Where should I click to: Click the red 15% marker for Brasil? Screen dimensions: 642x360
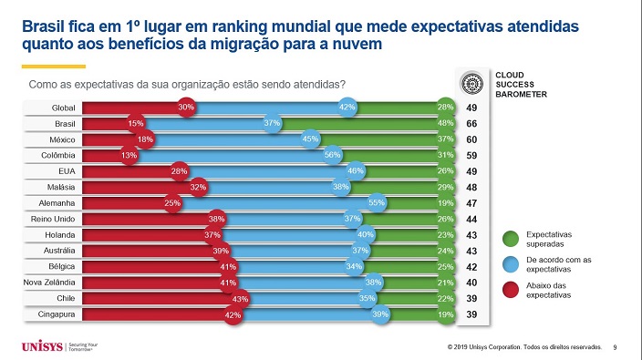point(136,123)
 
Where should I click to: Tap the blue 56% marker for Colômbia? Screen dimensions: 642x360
point(333,155)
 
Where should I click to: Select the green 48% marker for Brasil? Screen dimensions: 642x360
point(445,123)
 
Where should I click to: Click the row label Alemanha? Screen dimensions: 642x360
point(57,203)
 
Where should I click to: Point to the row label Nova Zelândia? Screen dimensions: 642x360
point(49,283)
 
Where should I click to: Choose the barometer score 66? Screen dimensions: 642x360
point(471,124)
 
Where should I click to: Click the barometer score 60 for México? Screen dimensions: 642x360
point(471,139)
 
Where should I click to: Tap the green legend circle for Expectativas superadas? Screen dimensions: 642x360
point(511,240)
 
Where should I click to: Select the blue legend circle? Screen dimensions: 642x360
point(511,264)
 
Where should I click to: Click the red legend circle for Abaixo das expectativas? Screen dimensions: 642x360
point(511,290)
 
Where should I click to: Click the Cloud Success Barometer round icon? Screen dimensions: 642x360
point(472,84)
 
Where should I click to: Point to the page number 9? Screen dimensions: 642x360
point(615,347)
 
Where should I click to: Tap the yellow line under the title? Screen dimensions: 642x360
point(54,67)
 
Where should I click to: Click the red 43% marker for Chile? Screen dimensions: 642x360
point(240,299)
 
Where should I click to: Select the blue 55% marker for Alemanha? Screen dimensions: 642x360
point(377,202)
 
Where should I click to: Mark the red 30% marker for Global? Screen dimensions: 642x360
point(186,108)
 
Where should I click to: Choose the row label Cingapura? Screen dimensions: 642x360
point(57,314)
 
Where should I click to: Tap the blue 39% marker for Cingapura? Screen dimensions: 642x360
point(380,314)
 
